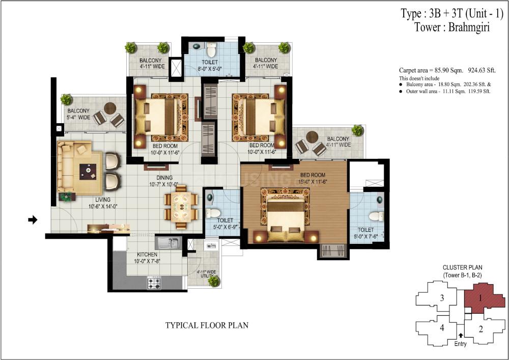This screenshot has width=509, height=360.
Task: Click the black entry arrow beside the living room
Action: coord(33,220)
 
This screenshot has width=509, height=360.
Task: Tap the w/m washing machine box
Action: coord(211,246)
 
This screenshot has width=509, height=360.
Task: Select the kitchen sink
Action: coord(167,243)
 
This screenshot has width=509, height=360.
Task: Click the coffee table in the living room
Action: coord(88,172)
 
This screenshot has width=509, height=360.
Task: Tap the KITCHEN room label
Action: coord(147,255)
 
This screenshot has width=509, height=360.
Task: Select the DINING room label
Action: coord(164,178)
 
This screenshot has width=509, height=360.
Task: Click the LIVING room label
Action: coord(103,200)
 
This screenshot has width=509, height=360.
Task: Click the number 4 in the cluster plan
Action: coord(442,328)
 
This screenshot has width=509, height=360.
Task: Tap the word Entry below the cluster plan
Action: coord(460,344)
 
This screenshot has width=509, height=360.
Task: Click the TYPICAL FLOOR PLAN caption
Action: coord(207,325)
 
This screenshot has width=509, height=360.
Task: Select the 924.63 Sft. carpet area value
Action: coord(482,70)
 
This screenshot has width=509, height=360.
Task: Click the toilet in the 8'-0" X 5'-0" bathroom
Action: coord(211,49)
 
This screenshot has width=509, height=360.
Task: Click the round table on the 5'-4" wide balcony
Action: coord(110,108)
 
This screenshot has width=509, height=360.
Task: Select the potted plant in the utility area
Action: coord(214,281)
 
